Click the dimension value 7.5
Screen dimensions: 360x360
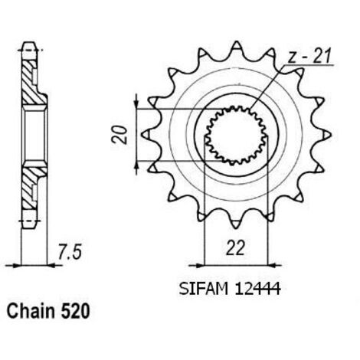point(70,252)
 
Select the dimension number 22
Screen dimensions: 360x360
point(235,247)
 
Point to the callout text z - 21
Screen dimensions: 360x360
point(309,57)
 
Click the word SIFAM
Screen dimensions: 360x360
point(203,289)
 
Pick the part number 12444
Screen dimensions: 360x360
point(258,289)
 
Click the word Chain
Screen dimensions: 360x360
point(31,311)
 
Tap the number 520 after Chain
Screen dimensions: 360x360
point(75,311)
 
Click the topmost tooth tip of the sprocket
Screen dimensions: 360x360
point(237,41)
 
